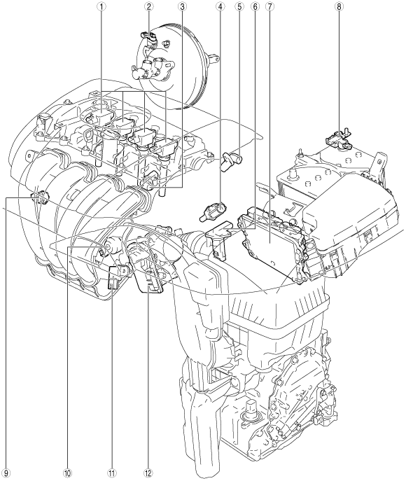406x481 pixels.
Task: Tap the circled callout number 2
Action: [x=148, y=6]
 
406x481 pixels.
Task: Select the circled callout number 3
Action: [x=183, y=6]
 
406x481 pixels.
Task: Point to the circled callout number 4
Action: [x=220, y=6]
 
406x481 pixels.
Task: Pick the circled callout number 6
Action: [x=255, y=6]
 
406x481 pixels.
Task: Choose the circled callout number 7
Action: [x=269, y=6]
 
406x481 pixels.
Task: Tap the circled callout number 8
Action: [x=339, y=6]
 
